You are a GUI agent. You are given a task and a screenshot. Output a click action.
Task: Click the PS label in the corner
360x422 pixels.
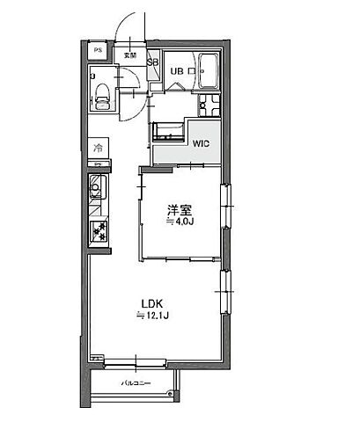(x=97, y=51)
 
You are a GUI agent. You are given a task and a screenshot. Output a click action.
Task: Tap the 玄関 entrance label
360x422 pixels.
(x=130, y=55)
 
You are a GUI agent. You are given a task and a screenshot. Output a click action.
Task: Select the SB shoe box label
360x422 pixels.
(x=152, y=62)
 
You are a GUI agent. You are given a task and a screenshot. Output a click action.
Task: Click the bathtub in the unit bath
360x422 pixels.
(x=209, y=72)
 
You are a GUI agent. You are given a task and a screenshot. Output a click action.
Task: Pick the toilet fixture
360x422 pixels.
(x=101, y=93)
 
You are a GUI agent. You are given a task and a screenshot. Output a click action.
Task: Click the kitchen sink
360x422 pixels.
(x=98, y=188)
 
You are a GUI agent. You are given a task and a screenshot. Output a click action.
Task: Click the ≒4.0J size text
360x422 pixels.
(x=180, y=222)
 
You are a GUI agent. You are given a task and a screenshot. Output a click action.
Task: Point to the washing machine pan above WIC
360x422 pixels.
(x=167, y=133)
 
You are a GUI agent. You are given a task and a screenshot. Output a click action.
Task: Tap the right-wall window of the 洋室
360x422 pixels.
(x=226, y=208)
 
